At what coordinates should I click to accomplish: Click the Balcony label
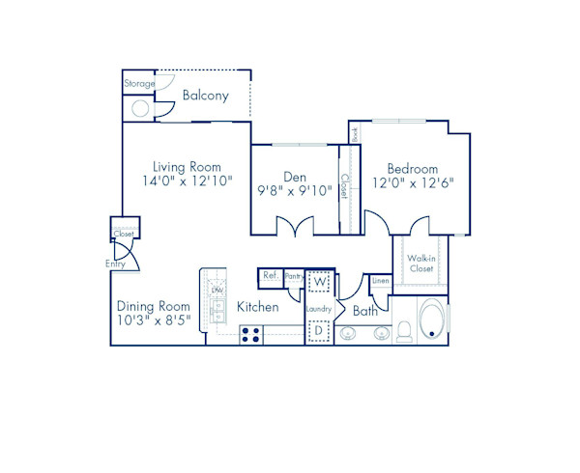205,96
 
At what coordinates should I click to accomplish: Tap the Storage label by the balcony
139,84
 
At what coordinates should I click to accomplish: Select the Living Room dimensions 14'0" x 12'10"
188,181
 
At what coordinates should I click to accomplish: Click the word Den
295,176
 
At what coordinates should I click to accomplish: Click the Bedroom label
413,167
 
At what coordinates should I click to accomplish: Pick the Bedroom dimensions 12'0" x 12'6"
413,182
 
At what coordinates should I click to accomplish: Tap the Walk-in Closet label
420,263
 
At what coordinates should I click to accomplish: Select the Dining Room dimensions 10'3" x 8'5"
148,319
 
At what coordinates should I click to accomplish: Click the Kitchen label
258,307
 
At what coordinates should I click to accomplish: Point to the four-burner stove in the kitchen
251,334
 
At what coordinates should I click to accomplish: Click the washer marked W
320,281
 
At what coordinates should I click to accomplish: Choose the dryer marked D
320,330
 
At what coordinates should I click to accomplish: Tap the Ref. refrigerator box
271,275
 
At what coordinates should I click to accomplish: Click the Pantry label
294,275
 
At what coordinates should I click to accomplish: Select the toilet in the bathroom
404,331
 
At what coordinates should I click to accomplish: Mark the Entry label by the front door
115,264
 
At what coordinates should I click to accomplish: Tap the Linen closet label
381,281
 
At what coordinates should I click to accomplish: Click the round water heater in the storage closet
140,107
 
